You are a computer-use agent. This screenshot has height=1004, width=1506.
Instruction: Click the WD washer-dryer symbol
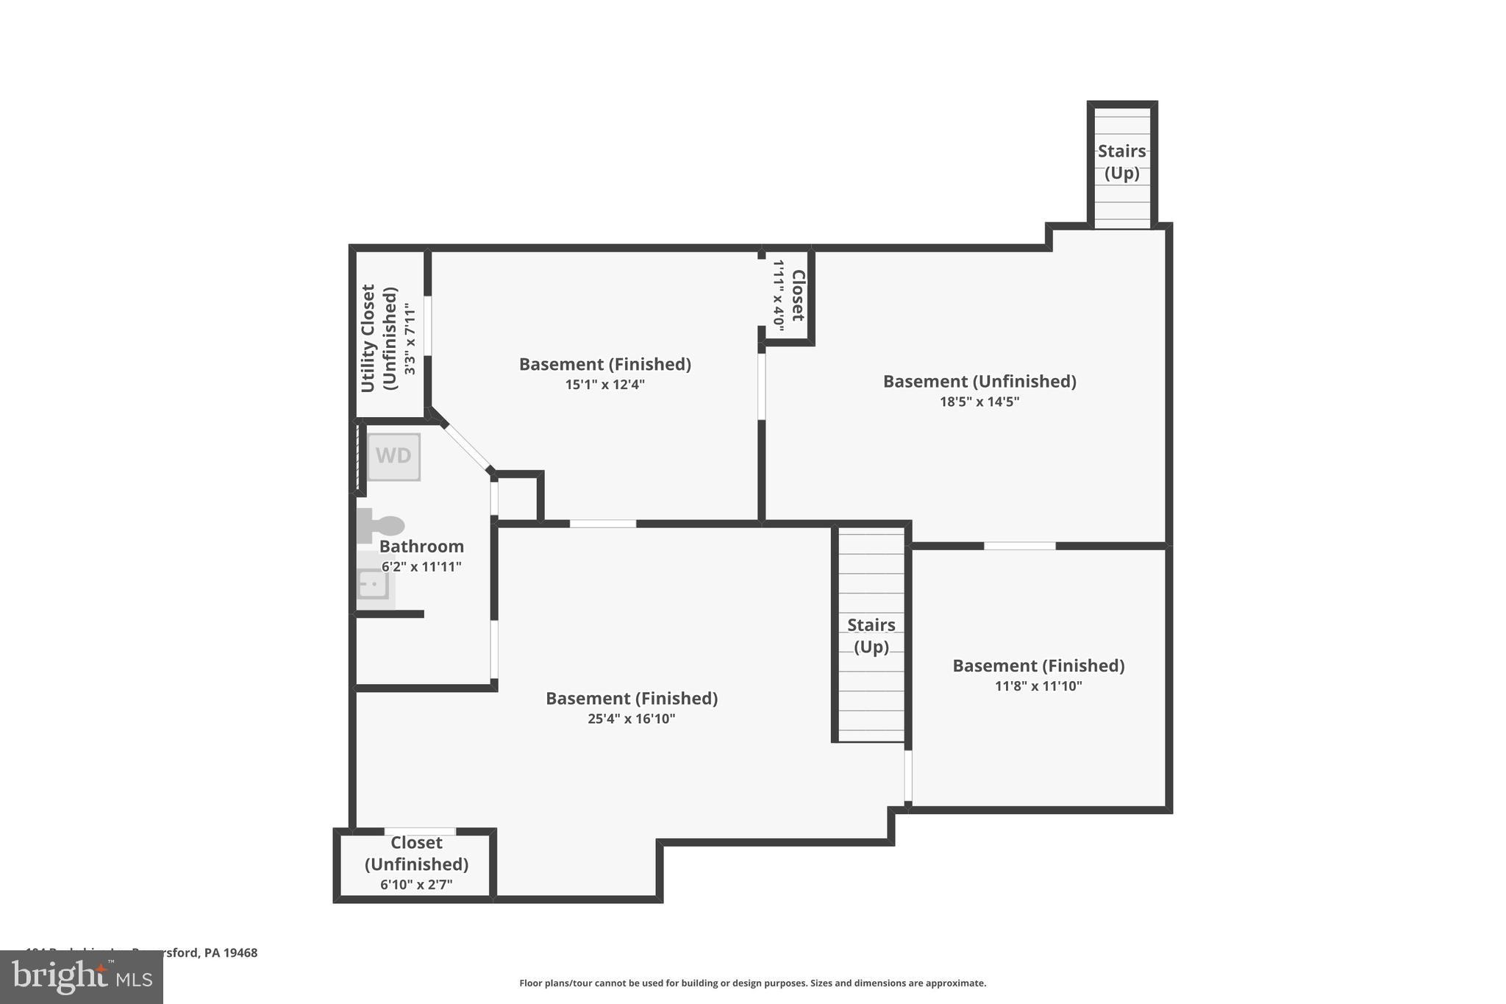(x=393, y=457)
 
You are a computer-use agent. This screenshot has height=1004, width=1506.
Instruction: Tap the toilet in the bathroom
(x=381, y=525)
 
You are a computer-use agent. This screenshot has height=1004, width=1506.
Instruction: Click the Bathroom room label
(x=421, y=546)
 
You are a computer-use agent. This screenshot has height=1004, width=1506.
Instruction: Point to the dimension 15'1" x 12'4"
(x=604, y=385)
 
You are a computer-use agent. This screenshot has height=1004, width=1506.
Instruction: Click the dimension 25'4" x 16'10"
(x=631, y=719)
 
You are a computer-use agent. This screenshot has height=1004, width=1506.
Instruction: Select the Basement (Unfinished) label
(x=979, y=381)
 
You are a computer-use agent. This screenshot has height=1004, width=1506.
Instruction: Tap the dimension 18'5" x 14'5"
(x=979, y=402)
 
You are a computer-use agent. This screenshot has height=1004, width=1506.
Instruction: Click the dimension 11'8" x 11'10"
(x=1038, y=686)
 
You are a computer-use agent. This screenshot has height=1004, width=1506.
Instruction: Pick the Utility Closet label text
(x=368, y=338)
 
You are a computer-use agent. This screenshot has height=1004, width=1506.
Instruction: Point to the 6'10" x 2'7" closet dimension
(x=416, y=884)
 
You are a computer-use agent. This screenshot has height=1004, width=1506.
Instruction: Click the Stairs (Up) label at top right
(x=1121, y=162)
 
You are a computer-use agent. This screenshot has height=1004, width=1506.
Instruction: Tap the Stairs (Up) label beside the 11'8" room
(x=871, y=635)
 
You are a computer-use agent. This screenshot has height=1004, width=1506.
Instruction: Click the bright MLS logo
(x=82, y=978)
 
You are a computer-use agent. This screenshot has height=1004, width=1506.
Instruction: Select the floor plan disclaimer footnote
(x=752, y=983)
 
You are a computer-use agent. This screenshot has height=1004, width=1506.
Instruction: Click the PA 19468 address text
(x=230, y=953)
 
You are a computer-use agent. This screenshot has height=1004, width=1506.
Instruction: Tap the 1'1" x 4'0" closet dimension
(x=778, y=295)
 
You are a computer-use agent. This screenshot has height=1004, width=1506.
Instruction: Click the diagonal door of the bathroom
(x=467, y=446)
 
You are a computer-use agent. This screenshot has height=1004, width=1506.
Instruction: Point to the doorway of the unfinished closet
(x=420, y=832)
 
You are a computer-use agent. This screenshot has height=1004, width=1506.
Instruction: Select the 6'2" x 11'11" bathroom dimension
(x=421, y=567)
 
